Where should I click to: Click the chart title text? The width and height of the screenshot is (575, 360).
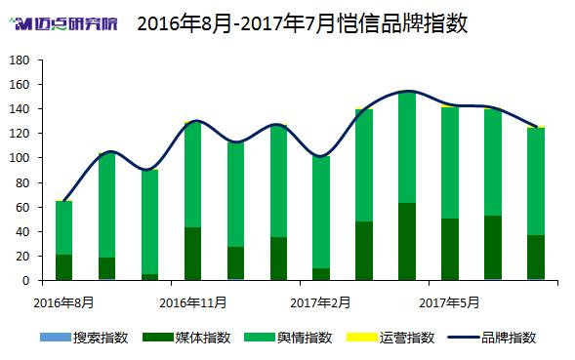[303, 23]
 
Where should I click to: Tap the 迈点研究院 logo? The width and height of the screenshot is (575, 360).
[63, 23]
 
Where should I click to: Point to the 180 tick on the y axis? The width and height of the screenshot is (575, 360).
[20, 60]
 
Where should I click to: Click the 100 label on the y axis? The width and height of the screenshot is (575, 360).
[20, 158]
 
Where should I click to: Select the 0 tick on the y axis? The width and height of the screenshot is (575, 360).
[25, 281]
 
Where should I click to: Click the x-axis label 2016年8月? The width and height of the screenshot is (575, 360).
[63, 303]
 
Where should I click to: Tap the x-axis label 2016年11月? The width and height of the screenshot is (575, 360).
[193, 303]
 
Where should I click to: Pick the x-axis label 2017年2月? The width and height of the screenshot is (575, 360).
[320, 303]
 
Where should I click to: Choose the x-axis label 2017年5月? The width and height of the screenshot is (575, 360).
[449, 303]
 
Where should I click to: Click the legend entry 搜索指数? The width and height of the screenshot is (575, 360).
[84, 338]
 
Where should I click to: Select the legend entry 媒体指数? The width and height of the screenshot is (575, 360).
[186, 338]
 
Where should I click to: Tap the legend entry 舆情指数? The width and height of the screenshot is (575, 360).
[288, 338]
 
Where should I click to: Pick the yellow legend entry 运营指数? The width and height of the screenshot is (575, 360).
[390, 338]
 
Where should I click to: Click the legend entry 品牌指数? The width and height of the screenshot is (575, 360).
[492, 338]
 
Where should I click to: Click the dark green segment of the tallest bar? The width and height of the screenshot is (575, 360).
[407, 242]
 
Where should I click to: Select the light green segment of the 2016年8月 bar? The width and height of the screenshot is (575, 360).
[63, 228]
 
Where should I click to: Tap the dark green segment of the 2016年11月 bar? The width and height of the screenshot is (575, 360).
[193, 254]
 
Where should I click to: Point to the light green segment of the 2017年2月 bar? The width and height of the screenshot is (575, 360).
[321, 213]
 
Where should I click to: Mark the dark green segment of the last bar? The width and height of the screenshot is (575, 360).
[536, 258]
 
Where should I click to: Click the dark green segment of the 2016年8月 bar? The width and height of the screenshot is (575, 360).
[63, 267]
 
